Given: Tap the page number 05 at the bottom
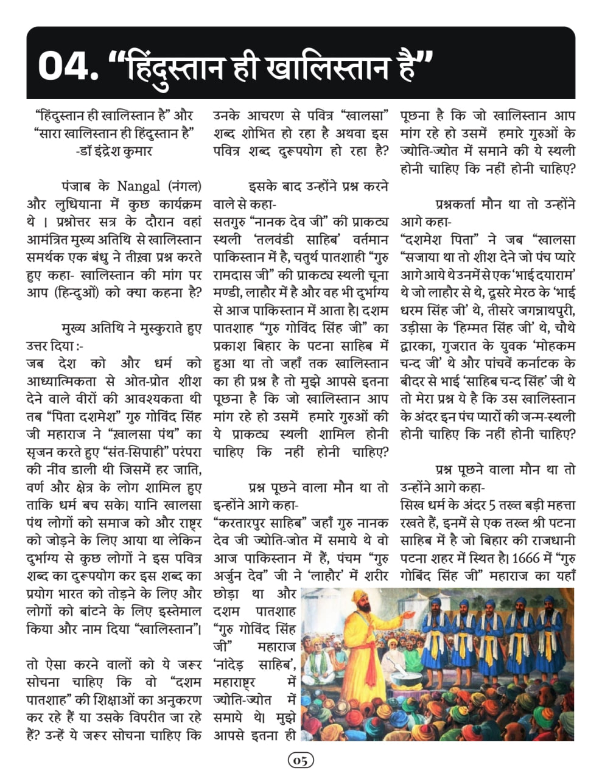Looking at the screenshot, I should point(301,760).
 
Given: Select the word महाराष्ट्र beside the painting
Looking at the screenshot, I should point(234,682).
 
